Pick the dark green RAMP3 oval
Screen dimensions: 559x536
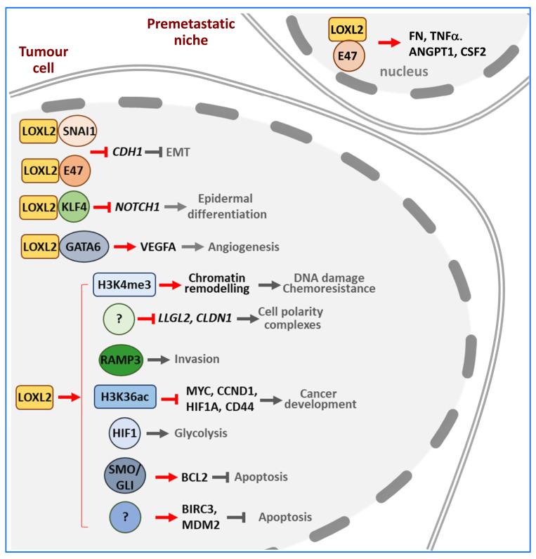123,358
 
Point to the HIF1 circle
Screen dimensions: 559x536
122,433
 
